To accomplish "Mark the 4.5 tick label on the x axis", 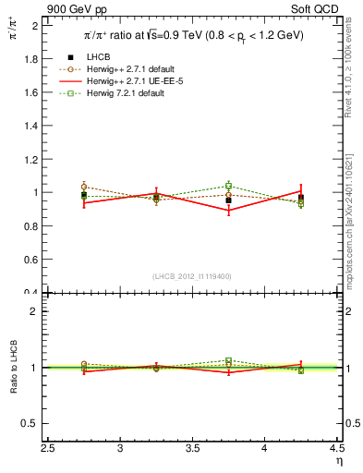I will [x=336, y=449].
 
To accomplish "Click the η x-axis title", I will [x=338, y=460].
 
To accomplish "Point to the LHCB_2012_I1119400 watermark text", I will [x=192, y=276].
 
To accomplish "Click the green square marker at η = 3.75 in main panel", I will [x=229, y=186].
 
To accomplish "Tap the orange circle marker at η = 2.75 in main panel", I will [x=84, y=187].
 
